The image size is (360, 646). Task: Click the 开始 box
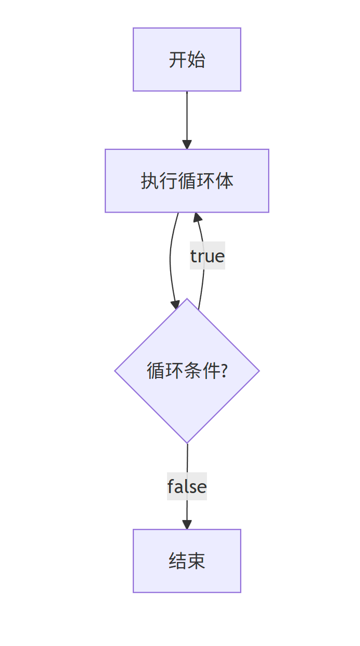tap(187, 60)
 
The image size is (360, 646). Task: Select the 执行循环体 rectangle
tap(187, 181)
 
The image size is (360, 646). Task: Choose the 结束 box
tap(187, 560)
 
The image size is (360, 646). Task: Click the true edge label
tap(207, 256)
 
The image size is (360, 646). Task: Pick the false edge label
tap(187, 486)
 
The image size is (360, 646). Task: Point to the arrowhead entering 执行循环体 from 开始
tap(187, 145)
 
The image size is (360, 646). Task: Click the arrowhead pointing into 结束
tap(187, 525)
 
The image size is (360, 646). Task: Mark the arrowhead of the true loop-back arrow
tap(196, 217)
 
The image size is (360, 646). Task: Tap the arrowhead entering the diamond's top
tap(175, 304)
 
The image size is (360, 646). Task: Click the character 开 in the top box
tap(177, 60)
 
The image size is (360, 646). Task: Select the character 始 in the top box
tap(196, 60)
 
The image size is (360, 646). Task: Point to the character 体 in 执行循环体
tap(224, 181)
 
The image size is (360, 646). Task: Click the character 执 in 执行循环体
tap(149, 181)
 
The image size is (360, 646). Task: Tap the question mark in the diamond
tap(224, 371)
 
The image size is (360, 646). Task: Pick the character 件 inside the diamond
tap(212, 371)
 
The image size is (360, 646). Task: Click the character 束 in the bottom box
tap(196, 561)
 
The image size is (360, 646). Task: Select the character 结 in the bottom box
tap(177, 561)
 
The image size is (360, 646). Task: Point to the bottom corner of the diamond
tap(187, 442)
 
